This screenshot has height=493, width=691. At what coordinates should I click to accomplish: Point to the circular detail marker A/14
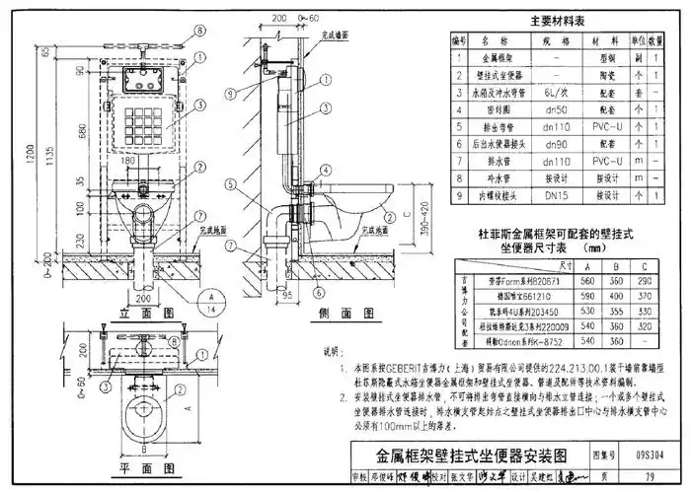click(210, 300)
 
